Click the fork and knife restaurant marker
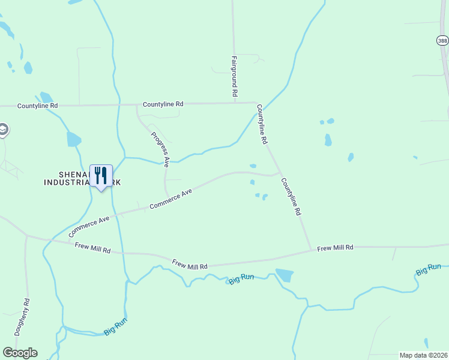[x=101, y=175]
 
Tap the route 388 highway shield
[x=442, y=40]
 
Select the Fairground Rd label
[x=235, y=77]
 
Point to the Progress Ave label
[x=160, y=149]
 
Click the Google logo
[x=20, y=353]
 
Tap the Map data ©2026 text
[x=423, y=355]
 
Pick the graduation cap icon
[x=3, y=129]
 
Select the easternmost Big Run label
[x=429, y=269]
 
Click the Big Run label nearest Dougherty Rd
[x=115, y=327]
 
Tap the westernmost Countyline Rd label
[x=37, y=106]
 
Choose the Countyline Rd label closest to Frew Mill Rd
[x=291, y=197]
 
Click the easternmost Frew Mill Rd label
[x=335, y=247]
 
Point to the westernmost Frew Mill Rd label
[x=93, y=247]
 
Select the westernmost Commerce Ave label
[x=89, y=224]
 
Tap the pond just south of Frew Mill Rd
[x=284, y=275]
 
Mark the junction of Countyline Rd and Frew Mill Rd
[x=311, y=248]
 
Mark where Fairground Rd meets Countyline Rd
[x=235, y=103]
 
